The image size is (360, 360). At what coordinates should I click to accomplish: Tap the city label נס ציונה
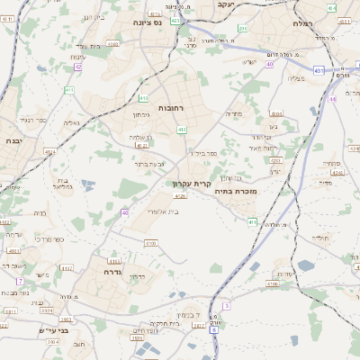(146, 22)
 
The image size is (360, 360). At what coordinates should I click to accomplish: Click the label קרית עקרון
(191, 184)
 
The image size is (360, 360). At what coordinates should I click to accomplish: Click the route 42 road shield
(78, 66)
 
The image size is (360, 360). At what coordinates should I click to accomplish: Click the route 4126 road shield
(180, 195)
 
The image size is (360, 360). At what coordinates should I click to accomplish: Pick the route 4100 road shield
(150, 243)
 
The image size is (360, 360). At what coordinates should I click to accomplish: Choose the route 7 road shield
(19, 282)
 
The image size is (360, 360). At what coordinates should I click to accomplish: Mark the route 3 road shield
(226, 306)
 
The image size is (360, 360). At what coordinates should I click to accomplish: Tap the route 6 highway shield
(214, 329)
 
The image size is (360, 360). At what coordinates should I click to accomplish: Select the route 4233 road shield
(276, 160)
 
